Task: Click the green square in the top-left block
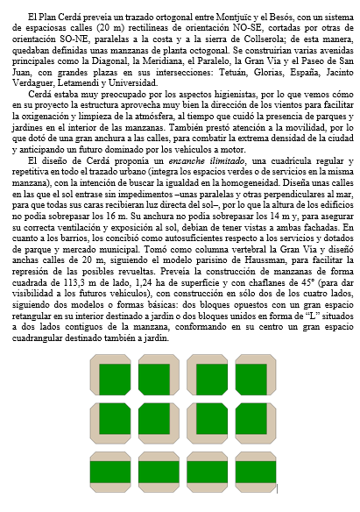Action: (114, 379)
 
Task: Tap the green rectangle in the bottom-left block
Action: (114, 475)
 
